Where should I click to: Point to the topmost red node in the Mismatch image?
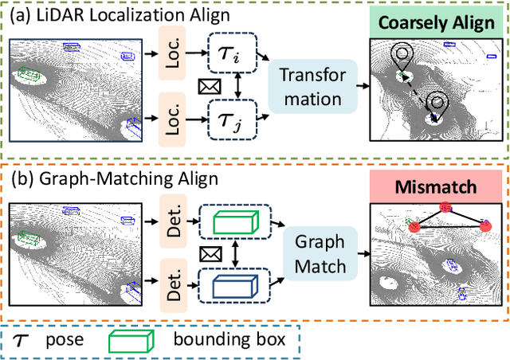pos(445,208)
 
